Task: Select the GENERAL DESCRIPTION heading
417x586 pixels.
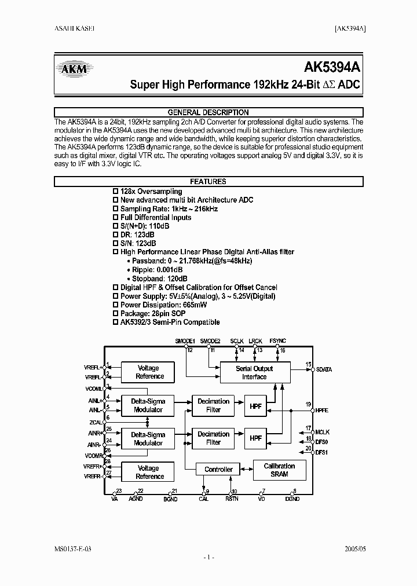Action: [208, 112]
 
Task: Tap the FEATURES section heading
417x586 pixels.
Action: [208, 181]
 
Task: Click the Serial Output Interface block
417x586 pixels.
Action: [254, 372]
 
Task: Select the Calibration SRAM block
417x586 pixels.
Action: [279, 470]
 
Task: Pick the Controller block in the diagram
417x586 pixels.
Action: [218, 470]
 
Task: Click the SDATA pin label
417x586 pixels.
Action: [323, 369]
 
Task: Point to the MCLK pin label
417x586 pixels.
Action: [322, 432]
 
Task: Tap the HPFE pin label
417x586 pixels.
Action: [322, 409]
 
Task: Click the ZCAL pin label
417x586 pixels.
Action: [96, 423]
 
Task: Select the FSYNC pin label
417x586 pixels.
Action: [277, 341]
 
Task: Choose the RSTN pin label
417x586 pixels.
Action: [231, 499]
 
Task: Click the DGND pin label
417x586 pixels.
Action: [292, 499]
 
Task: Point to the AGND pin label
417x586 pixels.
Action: [136, 499]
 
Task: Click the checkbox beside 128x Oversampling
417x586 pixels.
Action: [115, 191]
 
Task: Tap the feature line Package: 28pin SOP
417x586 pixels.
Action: [153, 313]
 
